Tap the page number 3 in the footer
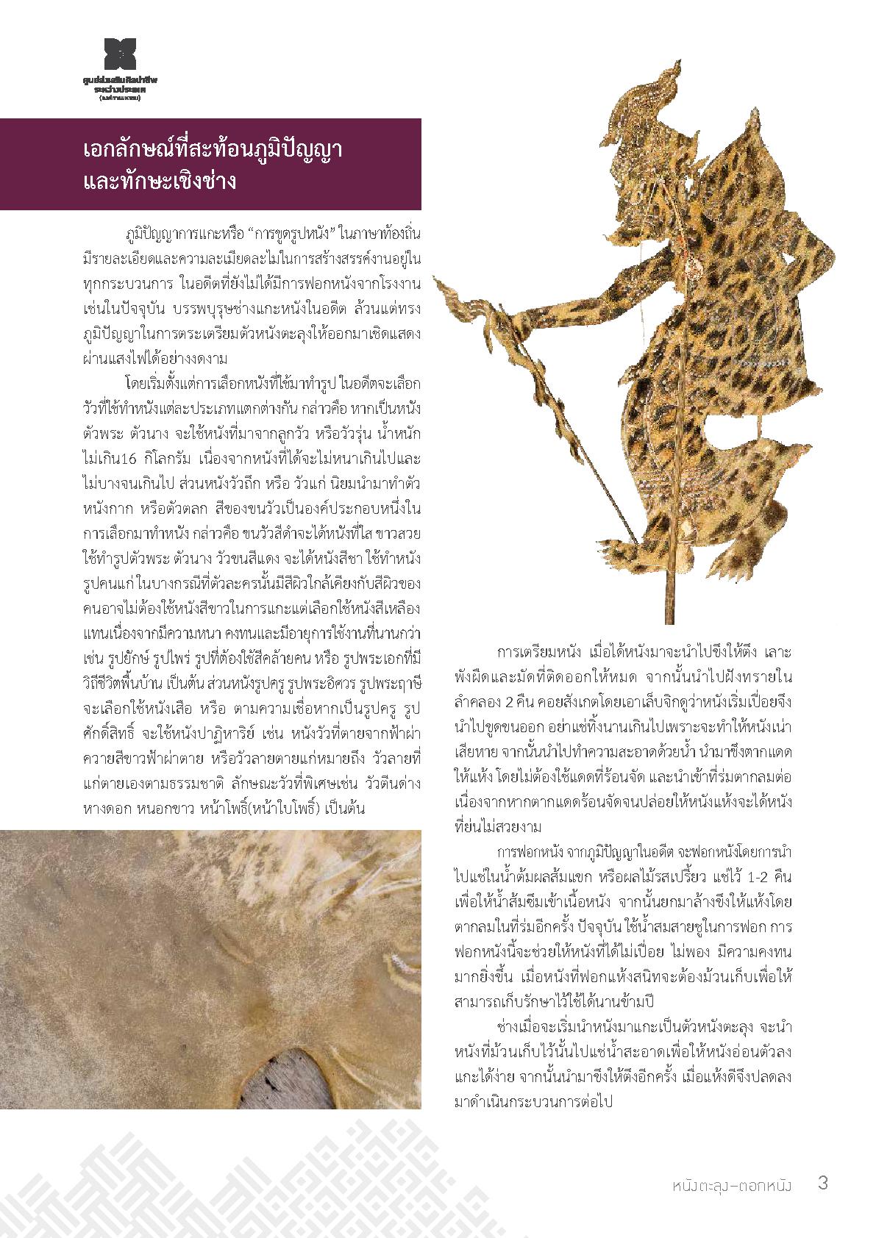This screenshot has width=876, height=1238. tap(823, 1184)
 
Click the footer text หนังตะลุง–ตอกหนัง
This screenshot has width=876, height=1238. tap(731, 1184)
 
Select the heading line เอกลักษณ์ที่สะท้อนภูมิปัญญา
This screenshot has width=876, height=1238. tap(213, 150)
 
